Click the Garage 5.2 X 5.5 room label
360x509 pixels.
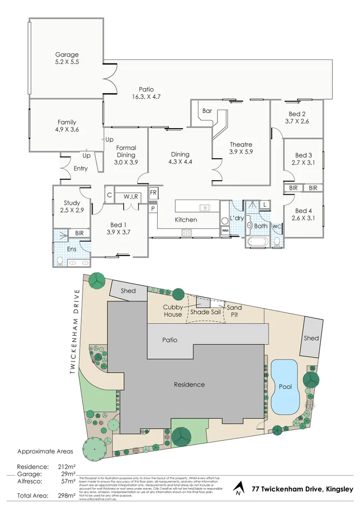point(67,58)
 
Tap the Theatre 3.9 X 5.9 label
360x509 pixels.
point(241,148)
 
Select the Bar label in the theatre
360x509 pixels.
point(207,111)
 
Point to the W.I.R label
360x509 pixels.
point(131,196)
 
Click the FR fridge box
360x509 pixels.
point(153,193)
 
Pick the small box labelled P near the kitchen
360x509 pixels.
point(153,208)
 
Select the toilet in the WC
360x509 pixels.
point(276,243)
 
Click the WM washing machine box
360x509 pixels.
point(224,231)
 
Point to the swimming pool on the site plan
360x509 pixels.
point(284,387)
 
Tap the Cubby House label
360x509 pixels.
point(173,310)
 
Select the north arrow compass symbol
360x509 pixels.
point(238,490)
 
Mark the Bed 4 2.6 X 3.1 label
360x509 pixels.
point(303,214)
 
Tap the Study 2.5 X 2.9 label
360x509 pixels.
point(72,207)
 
